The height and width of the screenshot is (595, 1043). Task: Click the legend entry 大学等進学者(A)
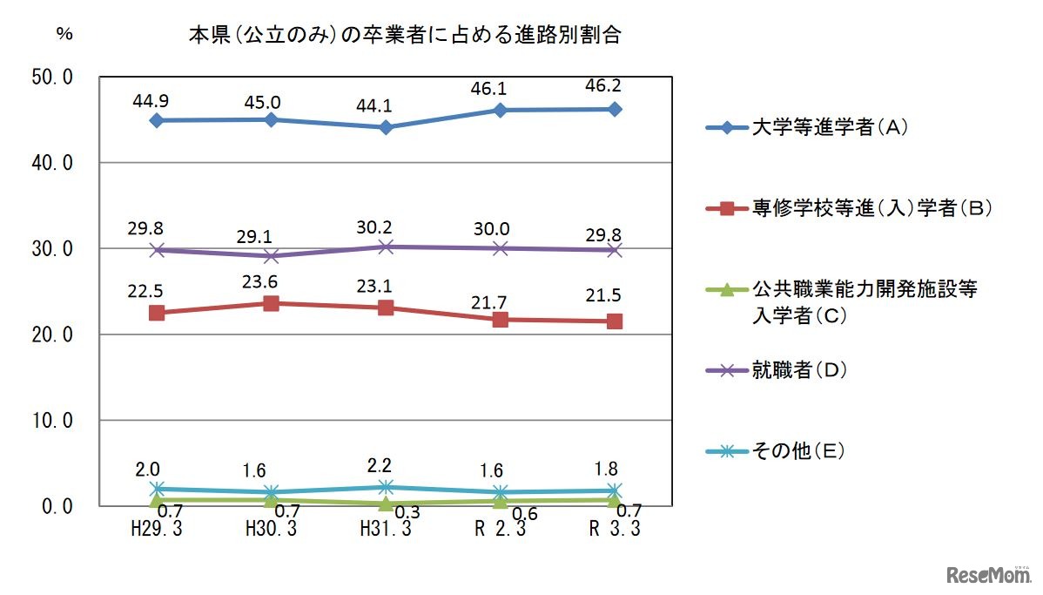pos(819,128)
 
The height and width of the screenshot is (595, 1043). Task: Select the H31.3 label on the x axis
pos(385,529)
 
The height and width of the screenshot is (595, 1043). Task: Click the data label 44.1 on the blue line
pos(385,105)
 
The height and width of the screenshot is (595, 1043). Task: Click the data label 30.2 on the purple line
pos(385,225)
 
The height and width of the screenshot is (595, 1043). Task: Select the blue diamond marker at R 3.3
pos(615,109)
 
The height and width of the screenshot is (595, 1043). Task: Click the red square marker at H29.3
pos(157,313)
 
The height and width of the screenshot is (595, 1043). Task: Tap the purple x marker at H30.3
pos(271,256)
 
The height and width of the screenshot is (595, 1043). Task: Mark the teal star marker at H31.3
pos(385,487)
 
